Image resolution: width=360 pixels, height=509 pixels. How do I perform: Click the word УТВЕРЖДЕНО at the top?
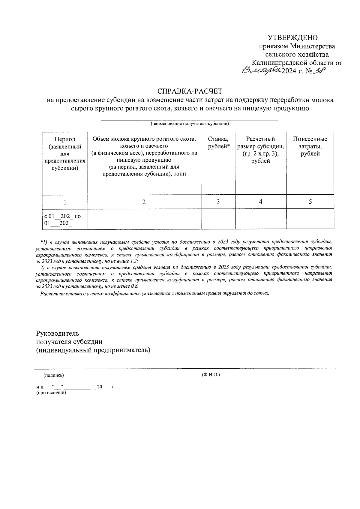[292, 37]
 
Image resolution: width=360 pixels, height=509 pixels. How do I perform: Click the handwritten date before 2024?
[261, 70]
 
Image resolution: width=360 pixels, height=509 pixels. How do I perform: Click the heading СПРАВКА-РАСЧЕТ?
[190, 91]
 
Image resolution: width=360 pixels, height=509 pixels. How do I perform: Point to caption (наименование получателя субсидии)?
[190, 124]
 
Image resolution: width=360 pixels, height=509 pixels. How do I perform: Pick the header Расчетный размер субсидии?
[260, 150]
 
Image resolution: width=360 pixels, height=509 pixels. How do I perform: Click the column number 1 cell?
[65, 202]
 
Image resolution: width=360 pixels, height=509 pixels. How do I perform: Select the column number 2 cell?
[144, 202]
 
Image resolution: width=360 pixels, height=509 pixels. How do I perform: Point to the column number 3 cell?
[218, 202]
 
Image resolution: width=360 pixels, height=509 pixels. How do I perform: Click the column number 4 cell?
[260, 202]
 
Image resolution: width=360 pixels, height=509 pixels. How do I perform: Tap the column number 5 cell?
[310, 202]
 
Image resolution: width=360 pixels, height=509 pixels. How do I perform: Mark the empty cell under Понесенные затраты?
[310, 219]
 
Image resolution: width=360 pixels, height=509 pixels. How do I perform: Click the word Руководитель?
[58, 333]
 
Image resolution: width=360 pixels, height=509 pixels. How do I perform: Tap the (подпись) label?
[54, 375]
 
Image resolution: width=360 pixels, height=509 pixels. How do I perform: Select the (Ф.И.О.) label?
[211, 375]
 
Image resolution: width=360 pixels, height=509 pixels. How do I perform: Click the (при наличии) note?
[51, 393]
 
